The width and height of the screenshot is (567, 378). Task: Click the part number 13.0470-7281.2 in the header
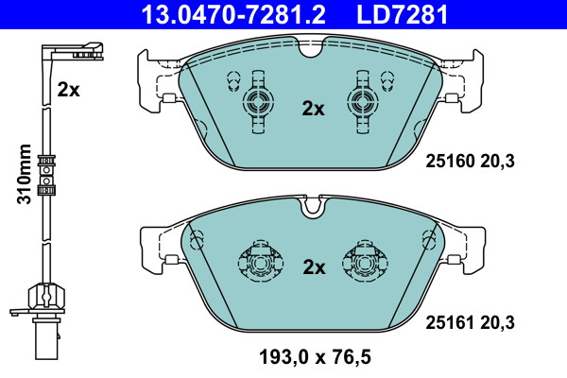tap(233, 14)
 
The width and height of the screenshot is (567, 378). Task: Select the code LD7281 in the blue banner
tap(403, 14)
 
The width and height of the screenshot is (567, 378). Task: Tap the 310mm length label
tap(25, 174)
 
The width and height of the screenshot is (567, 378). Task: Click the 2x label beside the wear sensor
tap(68, 90)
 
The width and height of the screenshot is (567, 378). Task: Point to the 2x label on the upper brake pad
tap(313, 109)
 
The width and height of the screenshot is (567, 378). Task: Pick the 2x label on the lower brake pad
tap(314, 267)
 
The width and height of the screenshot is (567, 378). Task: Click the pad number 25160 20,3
tap(470, 161)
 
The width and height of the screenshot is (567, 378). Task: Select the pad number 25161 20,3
tap(470, 322)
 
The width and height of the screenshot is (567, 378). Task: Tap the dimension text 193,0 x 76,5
tap(315, 356)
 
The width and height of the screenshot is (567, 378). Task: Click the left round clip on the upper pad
tap(258, 102)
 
